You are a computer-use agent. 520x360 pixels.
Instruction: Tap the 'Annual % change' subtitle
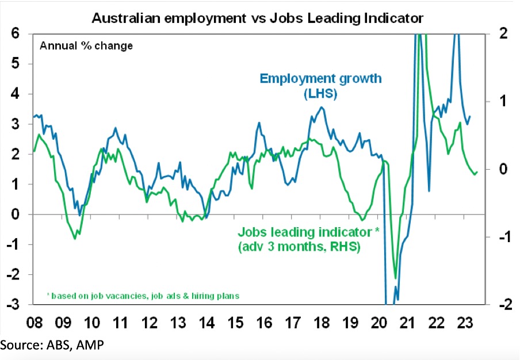tap(86, 45)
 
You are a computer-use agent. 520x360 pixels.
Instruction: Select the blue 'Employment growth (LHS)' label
tap(320, 85)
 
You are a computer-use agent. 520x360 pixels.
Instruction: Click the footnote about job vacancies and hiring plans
tap(143, 295)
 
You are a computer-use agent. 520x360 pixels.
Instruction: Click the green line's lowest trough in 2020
tap(395, 278)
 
